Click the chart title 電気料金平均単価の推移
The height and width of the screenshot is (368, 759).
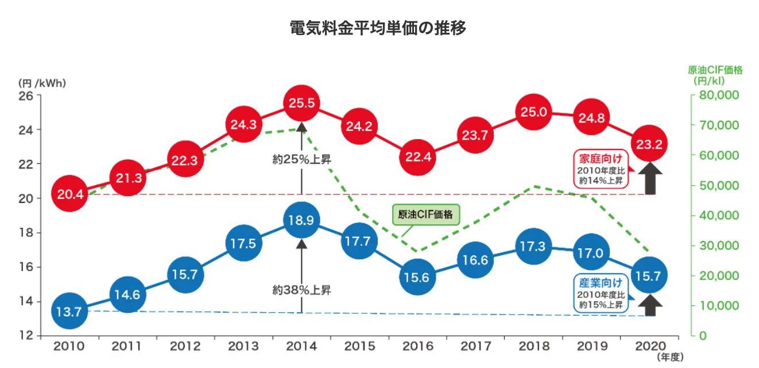(x=378, y=27)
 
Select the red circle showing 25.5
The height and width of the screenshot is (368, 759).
(x=301, y=104)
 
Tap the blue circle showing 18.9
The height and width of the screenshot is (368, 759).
(x=301, y=220)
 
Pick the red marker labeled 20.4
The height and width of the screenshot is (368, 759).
(x=70, y=194)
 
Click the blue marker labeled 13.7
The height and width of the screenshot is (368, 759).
(x=70, y=312)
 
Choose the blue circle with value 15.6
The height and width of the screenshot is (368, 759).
(x=417, y=277)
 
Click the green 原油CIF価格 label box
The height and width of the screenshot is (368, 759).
(x=425, y=215)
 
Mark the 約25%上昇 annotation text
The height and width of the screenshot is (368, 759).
(x=301, y=159)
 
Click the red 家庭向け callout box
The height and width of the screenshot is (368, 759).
(x=600, y=168)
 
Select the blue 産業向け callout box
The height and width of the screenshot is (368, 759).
(x=600, y=293)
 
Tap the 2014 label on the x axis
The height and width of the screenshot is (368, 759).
(x=301, y=347)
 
